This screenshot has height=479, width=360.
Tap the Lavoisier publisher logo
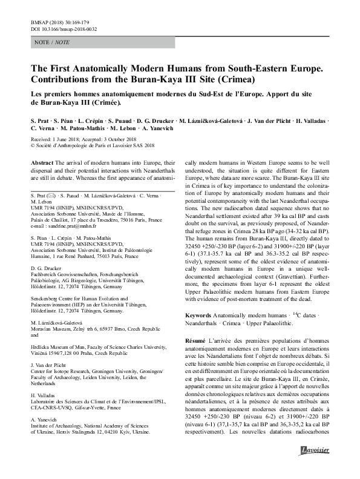(315, 465)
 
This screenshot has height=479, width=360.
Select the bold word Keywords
(198, 315)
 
